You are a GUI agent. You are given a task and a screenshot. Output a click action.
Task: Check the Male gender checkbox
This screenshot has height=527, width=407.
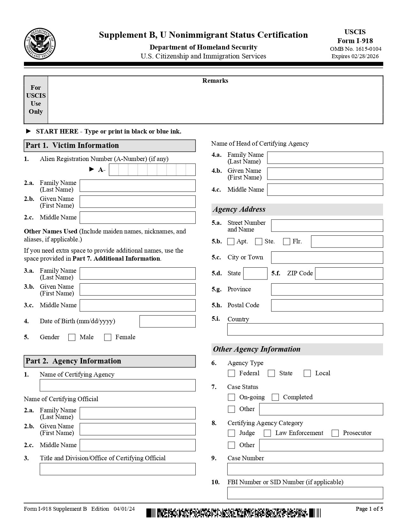coord(72,337)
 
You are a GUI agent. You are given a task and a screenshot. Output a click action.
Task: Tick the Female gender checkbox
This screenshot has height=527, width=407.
coord(108,337)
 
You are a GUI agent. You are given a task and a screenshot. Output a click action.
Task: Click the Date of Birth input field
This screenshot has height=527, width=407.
coord(167,321)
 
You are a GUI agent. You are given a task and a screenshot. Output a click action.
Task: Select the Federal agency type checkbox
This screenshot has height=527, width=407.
coord(232,373)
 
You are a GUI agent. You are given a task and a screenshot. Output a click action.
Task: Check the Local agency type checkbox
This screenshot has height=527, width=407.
coord(307,373)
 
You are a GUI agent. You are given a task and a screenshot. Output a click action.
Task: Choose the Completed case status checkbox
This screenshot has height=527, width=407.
coord(275,397)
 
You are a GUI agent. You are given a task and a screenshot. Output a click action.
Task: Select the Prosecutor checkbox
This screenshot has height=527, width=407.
coord(335,433)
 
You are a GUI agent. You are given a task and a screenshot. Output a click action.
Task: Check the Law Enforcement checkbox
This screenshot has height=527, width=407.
coord(268,433)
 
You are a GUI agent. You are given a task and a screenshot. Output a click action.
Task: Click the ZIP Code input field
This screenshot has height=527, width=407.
coord(349,273)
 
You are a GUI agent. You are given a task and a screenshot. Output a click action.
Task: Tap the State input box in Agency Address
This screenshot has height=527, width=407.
coord(255,273)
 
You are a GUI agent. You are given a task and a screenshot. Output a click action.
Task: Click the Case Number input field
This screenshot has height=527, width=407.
coord(305,469)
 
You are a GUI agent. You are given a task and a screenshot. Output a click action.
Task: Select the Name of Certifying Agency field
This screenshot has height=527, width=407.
coord(117,385)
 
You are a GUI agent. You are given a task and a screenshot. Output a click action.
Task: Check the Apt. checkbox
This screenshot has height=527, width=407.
coord(231,241)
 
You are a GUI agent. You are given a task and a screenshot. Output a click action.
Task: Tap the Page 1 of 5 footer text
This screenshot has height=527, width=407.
coord(369,509)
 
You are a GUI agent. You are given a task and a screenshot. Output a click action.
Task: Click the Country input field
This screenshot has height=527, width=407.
coord(305,329)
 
